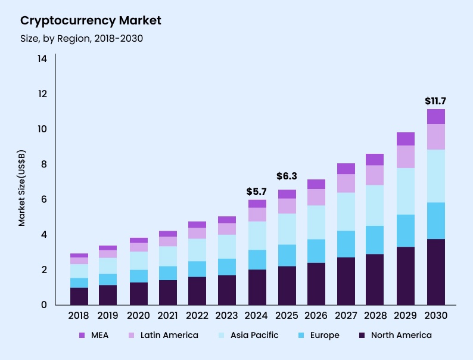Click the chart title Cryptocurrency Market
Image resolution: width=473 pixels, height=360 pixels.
tap(91, 21)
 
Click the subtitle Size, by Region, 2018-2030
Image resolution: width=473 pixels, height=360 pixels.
tap(82, 39)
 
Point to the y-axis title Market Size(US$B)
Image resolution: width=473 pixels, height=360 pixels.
tap(21, 188)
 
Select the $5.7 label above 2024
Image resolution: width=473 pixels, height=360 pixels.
tap(257, 191)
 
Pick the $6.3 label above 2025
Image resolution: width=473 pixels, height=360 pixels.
tap(287, 176)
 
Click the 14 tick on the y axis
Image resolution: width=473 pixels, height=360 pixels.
tap(42, 59)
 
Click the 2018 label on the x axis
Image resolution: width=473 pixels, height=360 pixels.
tap(79, 315)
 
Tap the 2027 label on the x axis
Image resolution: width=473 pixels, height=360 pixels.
tap(346, 315)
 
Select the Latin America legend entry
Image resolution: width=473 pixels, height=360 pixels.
tap(162, 335)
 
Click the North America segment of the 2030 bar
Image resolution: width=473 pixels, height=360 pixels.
tap(436, 272)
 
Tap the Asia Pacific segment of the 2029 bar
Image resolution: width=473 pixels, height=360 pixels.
tap(406, 191)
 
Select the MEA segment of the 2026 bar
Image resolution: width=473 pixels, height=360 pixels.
tap(316, 184)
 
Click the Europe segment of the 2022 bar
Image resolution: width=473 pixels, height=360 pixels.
tap(198, 269)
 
